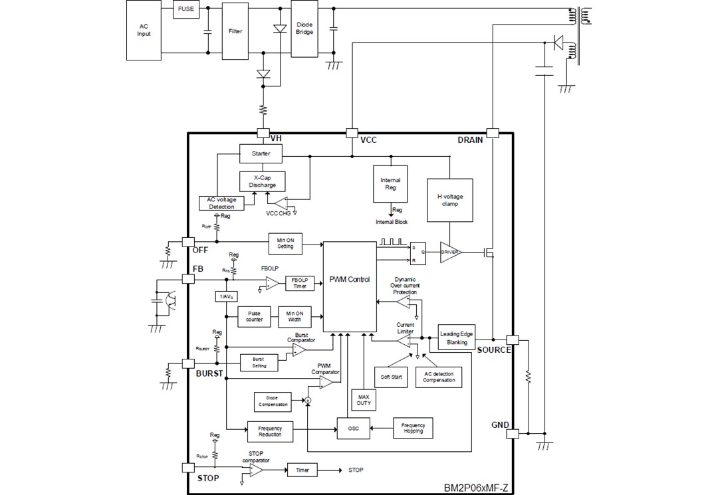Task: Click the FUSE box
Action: click(185, 9)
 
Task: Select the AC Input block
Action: click(144, 31)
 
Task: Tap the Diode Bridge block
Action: click(304, 28)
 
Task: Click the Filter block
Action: click(235, 31)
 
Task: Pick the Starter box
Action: click(261, 153)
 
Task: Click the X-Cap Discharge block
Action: click(262, 181)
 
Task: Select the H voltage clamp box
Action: click(450, 200)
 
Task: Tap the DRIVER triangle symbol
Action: click(450, 252)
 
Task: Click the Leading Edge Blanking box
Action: click(455, 338)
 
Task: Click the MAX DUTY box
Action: click(363, 400)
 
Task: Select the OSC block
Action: click(353, 429)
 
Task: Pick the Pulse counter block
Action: click(254, 317)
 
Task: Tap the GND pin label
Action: click(500, 425)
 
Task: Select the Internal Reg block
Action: click(390, 184)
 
